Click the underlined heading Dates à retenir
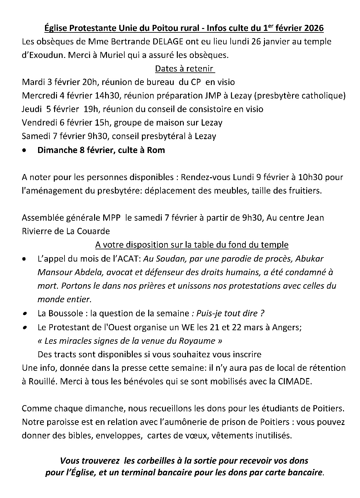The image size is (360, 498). [184, 69]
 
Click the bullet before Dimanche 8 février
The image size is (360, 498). [25, 150]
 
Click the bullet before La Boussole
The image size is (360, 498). [25, 314]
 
